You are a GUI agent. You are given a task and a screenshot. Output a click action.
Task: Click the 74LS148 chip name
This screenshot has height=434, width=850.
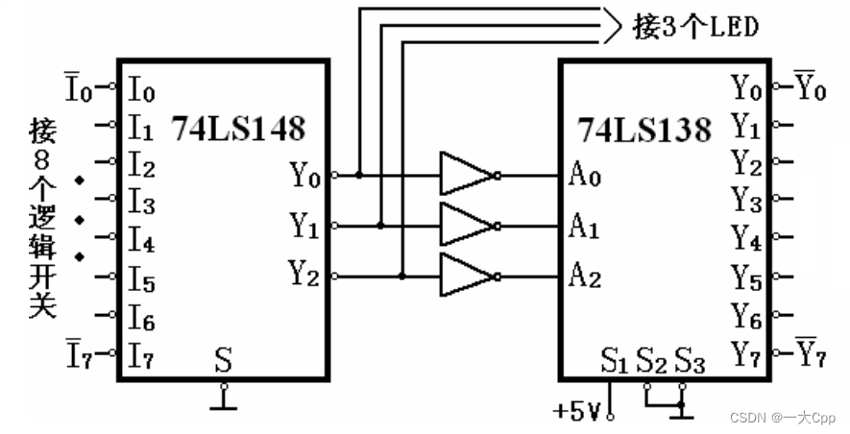pos(237,128)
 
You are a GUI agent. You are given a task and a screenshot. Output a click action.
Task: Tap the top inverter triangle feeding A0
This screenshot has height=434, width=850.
pos(465,176)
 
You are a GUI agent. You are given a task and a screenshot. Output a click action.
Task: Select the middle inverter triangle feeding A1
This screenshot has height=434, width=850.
pos(465,227)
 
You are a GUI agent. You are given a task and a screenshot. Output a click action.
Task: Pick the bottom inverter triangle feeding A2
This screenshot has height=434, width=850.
pos(465,277)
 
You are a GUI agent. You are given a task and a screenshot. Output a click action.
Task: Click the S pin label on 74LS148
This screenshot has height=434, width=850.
pos(223,362)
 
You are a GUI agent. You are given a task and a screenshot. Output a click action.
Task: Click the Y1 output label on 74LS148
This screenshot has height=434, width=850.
pos(304,227)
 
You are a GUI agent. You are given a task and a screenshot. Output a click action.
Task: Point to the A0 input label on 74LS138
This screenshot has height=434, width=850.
pos(582,178)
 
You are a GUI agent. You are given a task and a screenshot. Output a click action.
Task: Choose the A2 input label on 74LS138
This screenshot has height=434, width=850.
pos(583,278)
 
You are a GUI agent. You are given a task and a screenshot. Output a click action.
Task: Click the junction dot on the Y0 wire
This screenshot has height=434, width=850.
pos(358,176)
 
